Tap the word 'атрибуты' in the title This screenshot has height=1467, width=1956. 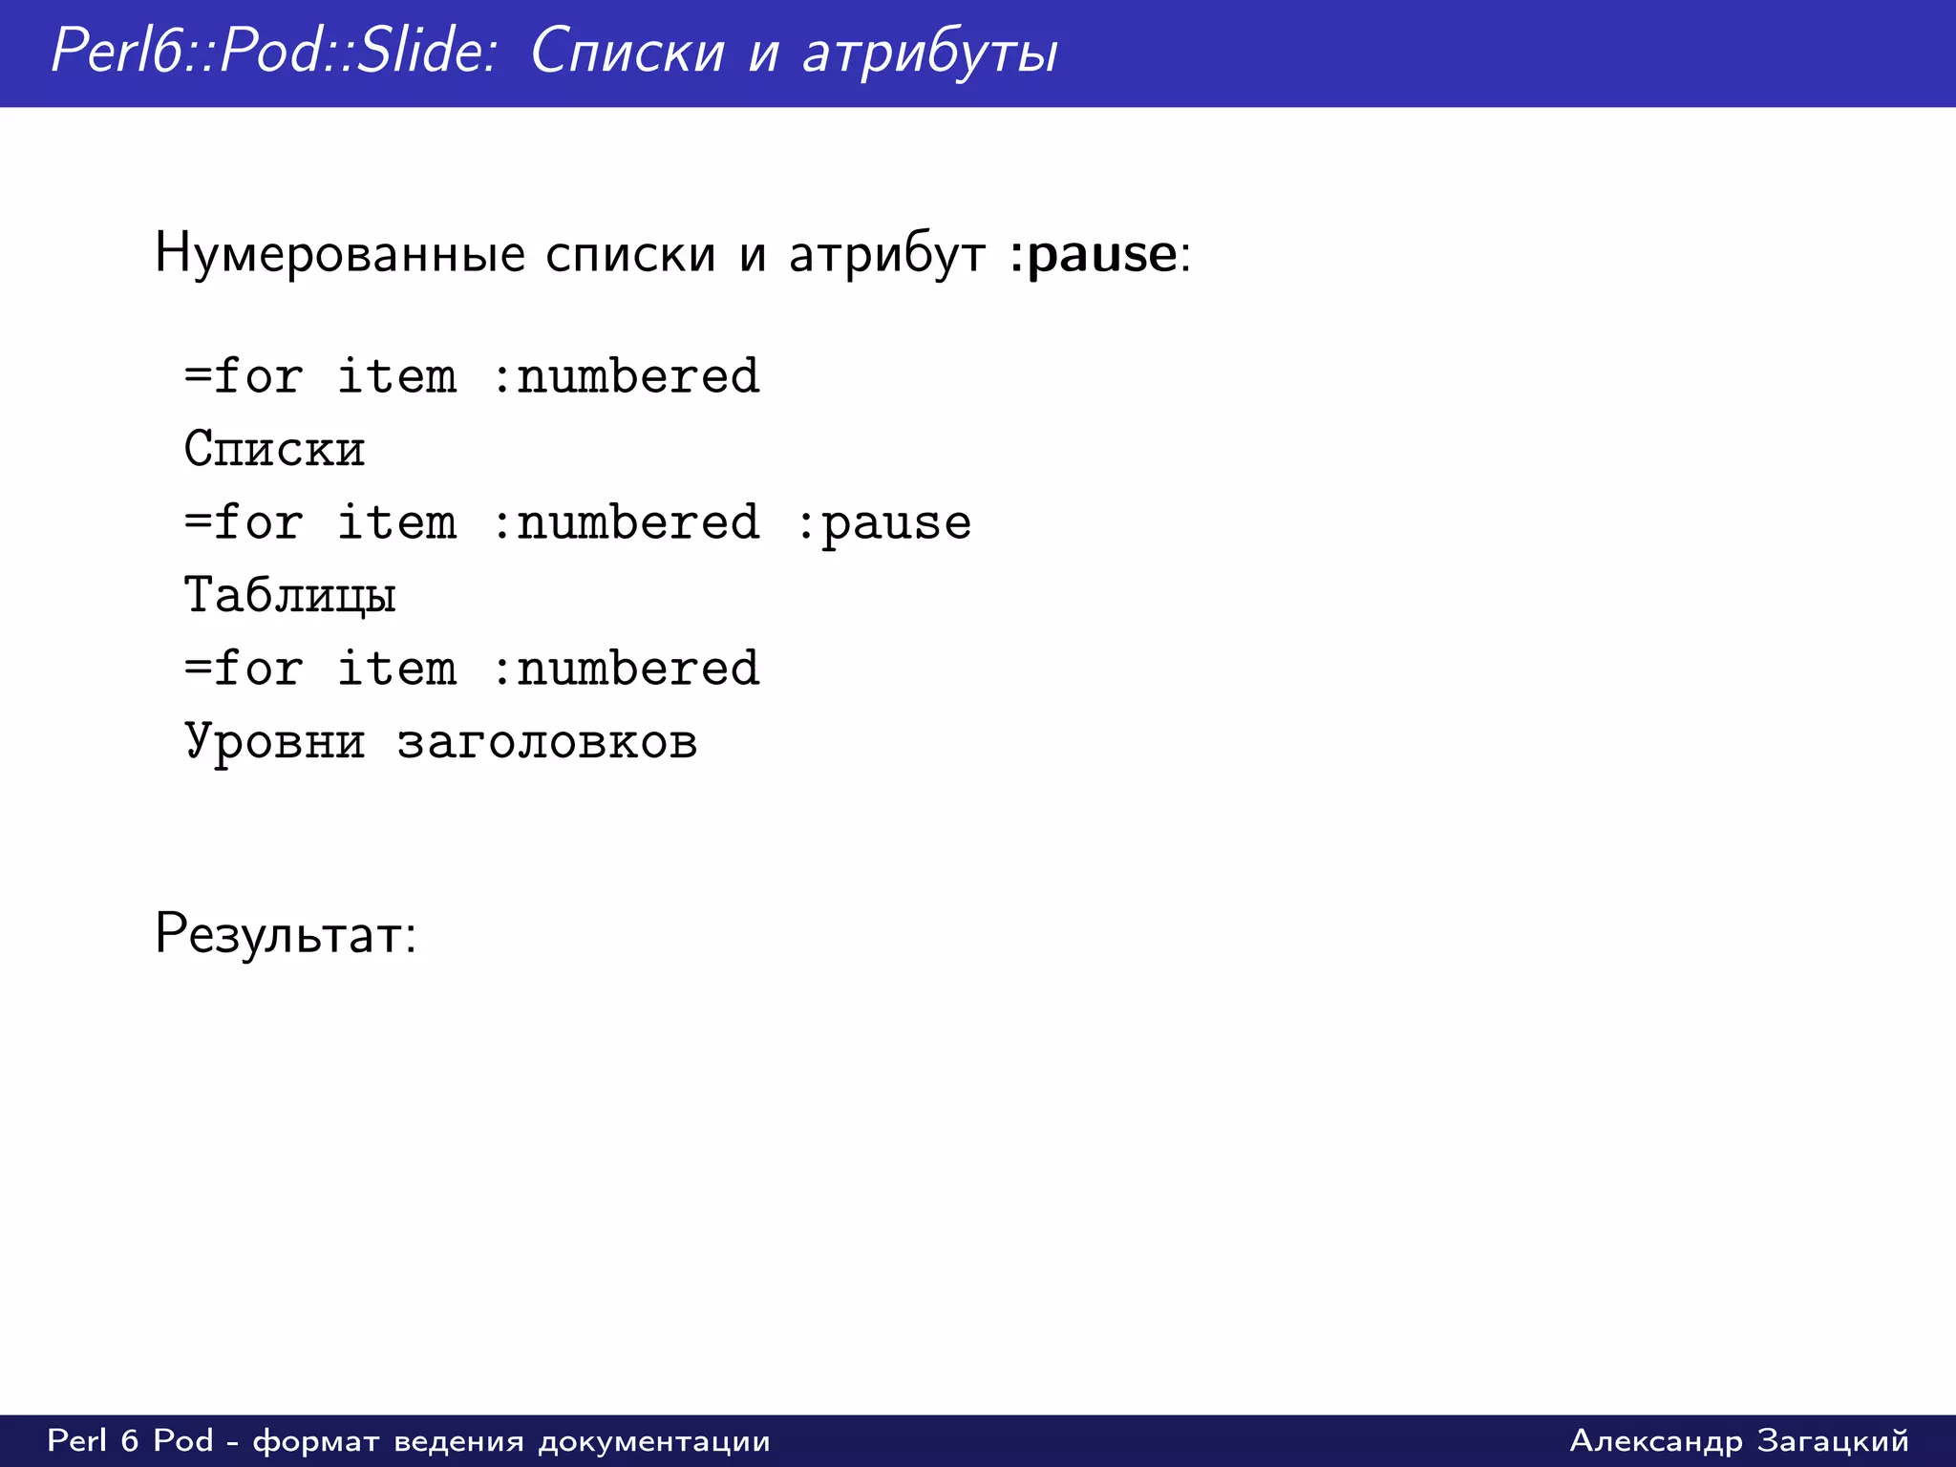930,53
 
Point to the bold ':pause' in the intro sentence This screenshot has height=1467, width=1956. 1093,255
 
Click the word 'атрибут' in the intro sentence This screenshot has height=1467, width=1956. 887,255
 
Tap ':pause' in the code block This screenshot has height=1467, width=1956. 882,523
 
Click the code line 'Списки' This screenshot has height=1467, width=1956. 274,449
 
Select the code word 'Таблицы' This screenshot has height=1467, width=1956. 289,596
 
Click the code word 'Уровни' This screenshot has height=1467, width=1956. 274,742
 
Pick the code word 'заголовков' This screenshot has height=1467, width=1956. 547,742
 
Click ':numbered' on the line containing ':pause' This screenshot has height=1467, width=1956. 625,523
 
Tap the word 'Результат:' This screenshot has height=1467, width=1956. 286,934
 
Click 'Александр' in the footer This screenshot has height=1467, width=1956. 1656,1440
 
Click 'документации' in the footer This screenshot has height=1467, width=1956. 654,1440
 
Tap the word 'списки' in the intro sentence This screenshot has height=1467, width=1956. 630,255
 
